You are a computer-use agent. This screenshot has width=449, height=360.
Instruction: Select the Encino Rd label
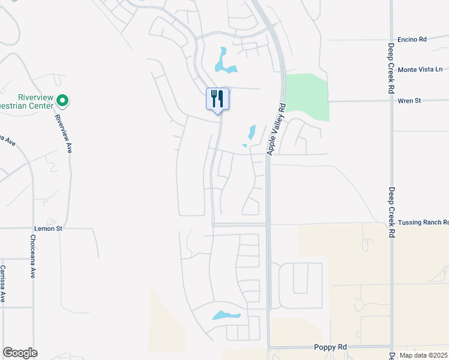(x=412, y=40)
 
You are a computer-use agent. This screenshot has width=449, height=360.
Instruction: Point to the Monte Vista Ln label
(x=420, y=70)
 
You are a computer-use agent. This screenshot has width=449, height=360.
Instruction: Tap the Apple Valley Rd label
(x=276, y=130)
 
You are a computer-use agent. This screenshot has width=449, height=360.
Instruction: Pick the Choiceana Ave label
(x=32, y=256)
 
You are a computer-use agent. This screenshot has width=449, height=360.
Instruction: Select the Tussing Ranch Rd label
(x=423, y=222)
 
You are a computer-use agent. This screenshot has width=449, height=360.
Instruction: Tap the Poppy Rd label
(x=331, y=347)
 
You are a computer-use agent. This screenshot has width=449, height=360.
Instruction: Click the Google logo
(x=20, y=353)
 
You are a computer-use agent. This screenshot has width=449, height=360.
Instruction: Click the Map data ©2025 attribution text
(x=423, y=355)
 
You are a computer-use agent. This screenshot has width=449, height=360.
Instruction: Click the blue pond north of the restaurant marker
(x=224, y=62)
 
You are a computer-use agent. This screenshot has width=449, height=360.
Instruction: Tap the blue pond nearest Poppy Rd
(x=226, y=315)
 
